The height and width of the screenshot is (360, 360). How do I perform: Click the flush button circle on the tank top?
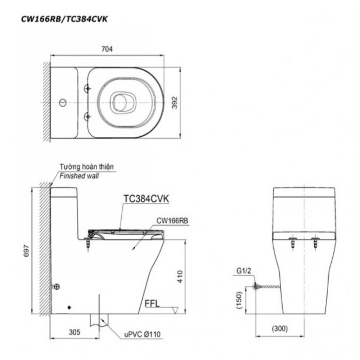pyautogui.click(x=63, y=103)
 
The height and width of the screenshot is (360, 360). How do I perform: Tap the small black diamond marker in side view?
pyautogui.click(x=69, y=308)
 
